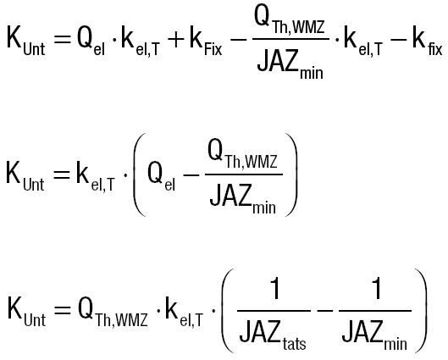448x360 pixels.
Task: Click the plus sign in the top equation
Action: click(175, 40)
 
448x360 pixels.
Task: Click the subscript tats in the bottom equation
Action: click(294, 343)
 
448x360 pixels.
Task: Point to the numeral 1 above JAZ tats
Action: click(274, 289)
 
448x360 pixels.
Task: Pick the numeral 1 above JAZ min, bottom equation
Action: click(376, 289)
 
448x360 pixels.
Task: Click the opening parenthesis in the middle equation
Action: click(140, 174)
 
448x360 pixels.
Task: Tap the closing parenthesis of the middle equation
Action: click(291, 174)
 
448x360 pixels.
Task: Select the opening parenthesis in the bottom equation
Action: click(228, 311)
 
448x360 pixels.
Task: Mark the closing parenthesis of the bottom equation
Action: click(421, 311)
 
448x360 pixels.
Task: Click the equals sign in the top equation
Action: click(62, 40)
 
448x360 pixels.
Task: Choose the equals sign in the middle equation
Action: click(62, 174)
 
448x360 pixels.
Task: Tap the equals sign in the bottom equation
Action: click(63, 310)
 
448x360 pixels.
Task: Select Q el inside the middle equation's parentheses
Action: click(162, 177)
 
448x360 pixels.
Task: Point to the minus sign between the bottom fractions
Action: click(325, 310)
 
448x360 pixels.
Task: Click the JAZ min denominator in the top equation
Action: click(290, 65)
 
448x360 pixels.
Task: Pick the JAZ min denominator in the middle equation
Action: click(243, 199)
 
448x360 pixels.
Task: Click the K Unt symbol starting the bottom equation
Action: click(26, 312)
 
